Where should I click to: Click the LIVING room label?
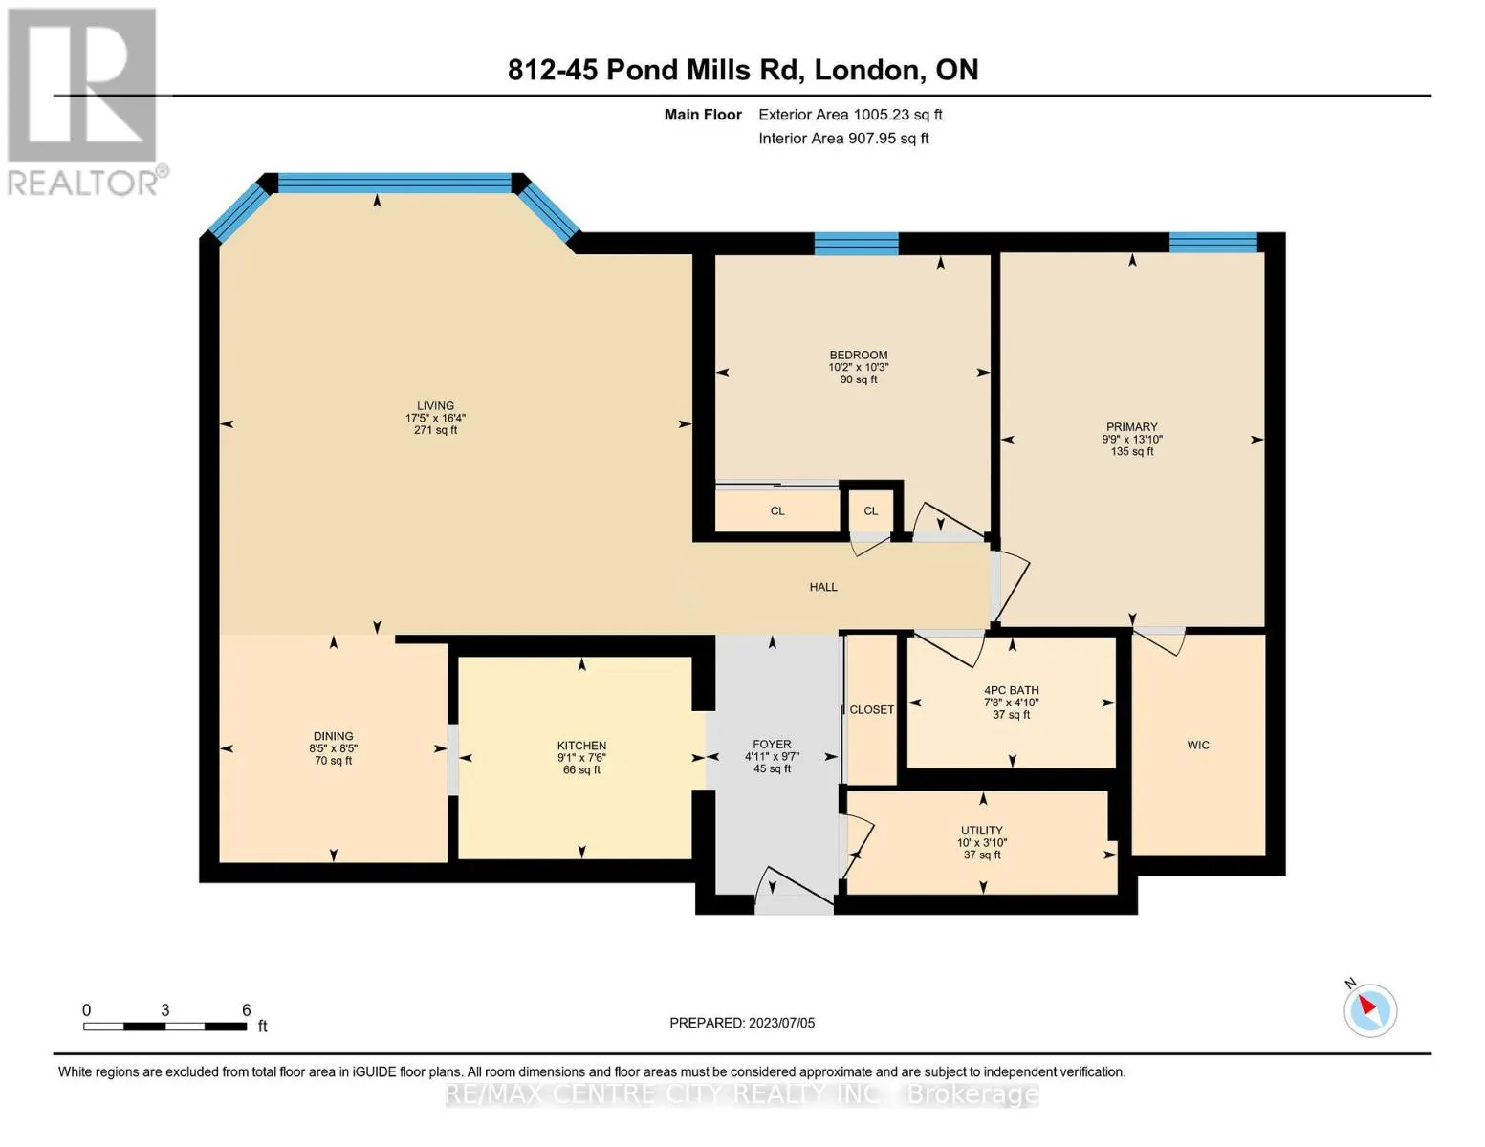435,405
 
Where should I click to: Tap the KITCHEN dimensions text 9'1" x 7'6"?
581,758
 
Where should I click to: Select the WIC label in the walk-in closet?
1198,745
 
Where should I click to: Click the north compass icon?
1370,1009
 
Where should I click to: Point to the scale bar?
164,1026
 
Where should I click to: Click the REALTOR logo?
83,100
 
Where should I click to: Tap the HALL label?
823,587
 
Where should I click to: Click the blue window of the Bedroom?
856,244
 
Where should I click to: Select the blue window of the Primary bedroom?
1212,242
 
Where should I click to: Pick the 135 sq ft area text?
1132,452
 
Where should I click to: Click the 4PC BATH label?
1012,690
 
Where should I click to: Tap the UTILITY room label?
982,831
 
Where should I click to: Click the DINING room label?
333,736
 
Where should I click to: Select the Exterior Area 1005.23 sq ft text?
850,115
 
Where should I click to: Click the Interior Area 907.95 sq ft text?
843,139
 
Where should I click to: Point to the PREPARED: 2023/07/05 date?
742,1023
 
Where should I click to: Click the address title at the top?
743,70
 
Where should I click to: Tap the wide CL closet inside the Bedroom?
777,511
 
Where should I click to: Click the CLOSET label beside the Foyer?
872,709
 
